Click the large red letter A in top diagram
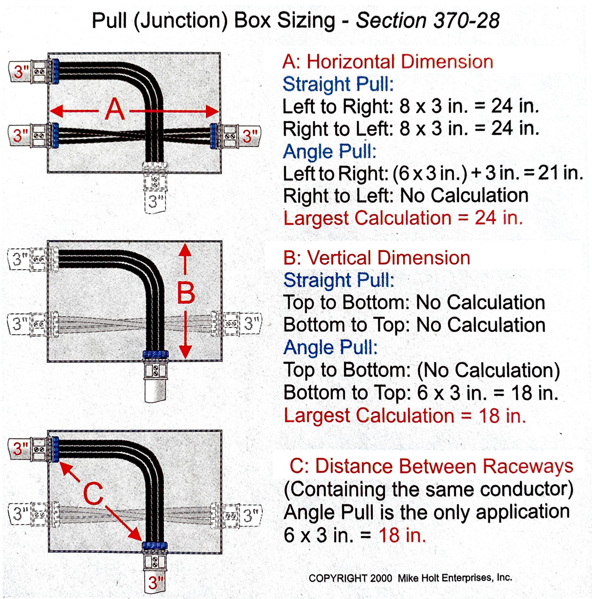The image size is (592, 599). pyautogui.click(x=115, y=110)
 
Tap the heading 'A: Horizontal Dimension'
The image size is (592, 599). pyautogui.click(x=387, y=62)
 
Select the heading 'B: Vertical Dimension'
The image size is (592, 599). pyautogui.click(x=376, y=258)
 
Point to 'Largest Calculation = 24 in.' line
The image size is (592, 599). pyautogui.click(x=403, y=218)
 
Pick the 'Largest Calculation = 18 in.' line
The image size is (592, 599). pyautogui.click(x=405, y=415)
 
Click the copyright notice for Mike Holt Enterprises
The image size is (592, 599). pyautogui.click(x=410, y=578)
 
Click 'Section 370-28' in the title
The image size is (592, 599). pyautogui.click(x=428, y=21)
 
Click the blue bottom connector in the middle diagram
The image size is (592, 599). pyautogui.click(x=155, y=355)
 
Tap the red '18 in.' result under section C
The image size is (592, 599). pyautogui.click(x=402, y=535)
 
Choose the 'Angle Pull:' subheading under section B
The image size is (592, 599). pyautogui.click(x=330, y=348)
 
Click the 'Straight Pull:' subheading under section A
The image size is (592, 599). pyautogui.click(x=338, y=84)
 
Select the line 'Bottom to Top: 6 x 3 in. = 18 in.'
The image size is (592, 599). pyautogui.click(x=420, y=393)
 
